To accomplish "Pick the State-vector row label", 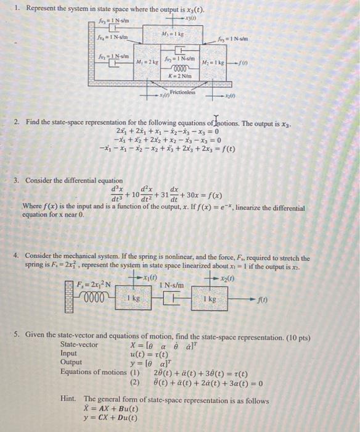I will (79, 344).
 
